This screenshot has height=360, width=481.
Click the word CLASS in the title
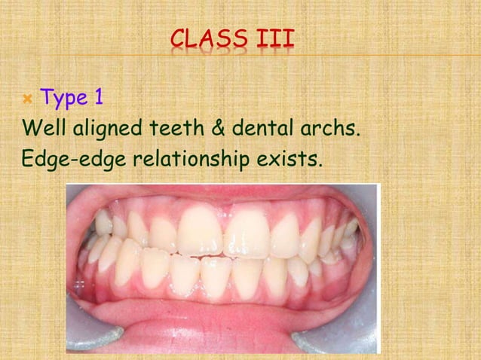(x=208, y=38)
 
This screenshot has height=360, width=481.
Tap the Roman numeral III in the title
(x=273, y=38)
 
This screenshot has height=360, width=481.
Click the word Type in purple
(x=65, y=97)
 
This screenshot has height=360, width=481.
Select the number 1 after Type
(x=99, y=97)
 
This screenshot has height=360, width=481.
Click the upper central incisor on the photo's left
(x=199, y=230)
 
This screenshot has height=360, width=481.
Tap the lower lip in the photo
(x=226, y=320)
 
